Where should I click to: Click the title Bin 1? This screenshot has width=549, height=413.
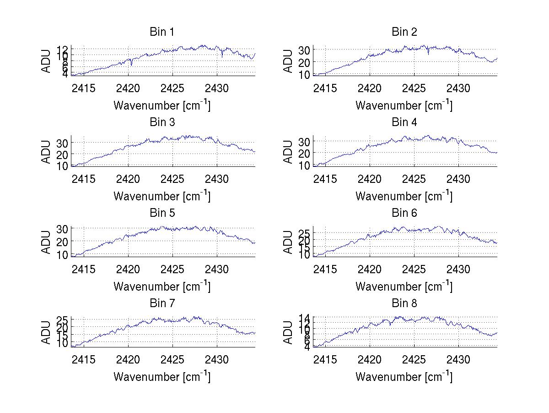[x=162, y=32]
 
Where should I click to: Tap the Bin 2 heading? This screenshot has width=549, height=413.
[x=404, y=32]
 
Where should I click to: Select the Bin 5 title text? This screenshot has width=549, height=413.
[x=162, y=213]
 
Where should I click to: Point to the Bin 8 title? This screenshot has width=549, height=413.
[x=404, y=303]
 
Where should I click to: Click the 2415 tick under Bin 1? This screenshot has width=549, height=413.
[x=84, y=88]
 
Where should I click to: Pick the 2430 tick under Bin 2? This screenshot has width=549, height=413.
[x=458, y=88]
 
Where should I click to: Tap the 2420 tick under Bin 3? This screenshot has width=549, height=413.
[x=128, y=179]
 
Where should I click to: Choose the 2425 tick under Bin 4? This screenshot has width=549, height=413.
[x=414, y=179]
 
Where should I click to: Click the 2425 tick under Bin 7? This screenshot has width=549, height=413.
[x=172, y=359]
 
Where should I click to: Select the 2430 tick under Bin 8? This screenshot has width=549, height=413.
[x=458, y=359]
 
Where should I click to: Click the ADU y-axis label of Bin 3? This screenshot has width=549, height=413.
[x=46, y=151]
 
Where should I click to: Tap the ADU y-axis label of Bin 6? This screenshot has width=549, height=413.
[x=288, y=242]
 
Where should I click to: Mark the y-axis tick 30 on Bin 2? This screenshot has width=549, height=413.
[x=305, y=50]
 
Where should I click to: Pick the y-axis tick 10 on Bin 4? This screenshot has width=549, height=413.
[x=305, y=165]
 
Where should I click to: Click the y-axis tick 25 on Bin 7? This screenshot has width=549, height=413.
[x=63, y=319]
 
